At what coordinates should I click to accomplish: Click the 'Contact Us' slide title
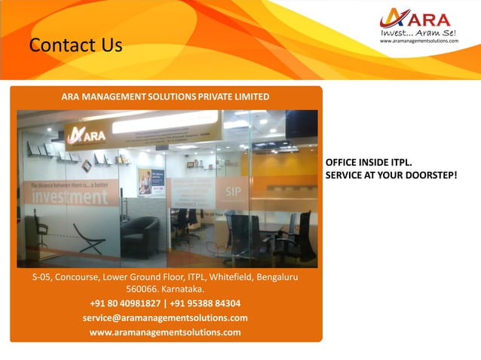click(x=75, y=46)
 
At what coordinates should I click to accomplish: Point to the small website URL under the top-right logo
click(x=418, y=41)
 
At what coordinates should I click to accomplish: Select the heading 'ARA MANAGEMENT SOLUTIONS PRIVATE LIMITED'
click(x=165, y=97)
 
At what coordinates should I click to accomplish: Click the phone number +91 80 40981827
click(x=124, y=304)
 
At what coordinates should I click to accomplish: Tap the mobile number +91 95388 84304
click(x=205, y=304)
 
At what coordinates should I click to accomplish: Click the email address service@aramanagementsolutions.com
click(x=165, y=318)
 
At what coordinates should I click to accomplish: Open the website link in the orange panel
click(x=165, y=332)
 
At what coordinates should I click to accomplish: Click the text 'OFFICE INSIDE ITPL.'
click(x=369, y=163)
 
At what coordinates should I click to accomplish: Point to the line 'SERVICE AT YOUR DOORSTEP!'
click(x=391, y=175)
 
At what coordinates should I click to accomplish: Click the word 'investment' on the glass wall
click(x=69, y=197)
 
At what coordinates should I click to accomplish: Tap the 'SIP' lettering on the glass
click(x=233, y=191)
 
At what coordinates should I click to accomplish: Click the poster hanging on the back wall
click(x=145, y=181)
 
